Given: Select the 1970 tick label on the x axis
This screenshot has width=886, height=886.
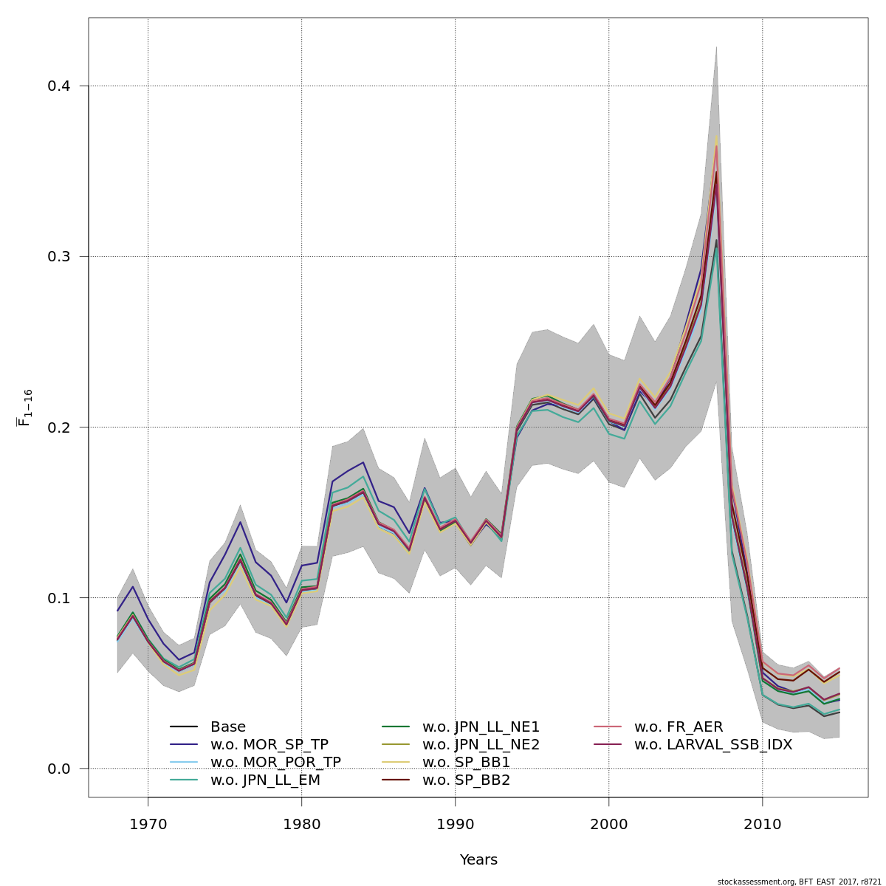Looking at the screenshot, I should (x=148, y=824).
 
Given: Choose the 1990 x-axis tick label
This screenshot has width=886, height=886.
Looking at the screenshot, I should (x=455, y=824).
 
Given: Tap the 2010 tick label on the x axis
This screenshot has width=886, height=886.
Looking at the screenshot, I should (x=762, y=824).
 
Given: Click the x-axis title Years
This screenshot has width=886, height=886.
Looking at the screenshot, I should (x=478, y=860).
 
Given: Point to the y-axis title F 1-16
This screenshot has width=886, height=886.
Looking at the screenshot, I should (x=24, y=408).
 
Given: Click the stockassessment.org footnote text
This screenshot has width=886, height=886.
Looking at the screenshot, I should (x=799, y=882).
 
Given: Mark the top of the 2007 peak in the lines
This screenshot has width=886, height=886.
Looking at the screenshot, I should (x=716, y=137).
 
